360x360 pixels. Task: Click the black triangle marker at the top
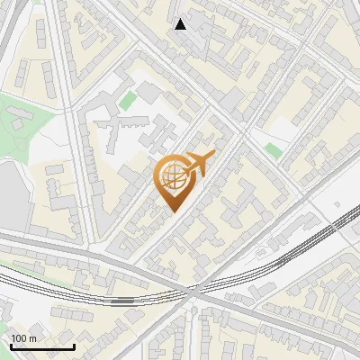pyautogui.click(x=181, y=24)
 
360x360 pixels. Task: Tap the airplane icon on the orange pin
pyautogui.click(x=198, y=164)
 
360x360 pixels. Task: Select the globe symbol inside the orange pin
pyautogui.click(x=173, y=178)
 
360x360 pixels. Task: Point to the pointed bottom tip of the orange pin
pyautogui.click(x=173, y=211)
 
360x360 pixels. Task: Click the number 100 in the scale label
pyautogui.click(x=19, y=338)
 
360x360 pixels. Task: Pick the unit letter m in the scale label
pyautogui.click(x=33, y=338)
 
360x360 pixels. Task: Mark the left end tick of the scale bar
pyautogui.click(x=11, y=345)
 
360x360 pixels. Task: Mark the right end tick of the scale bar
pyautogui.click(x=74, y=345)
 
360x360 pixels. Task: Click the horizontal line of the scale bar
pyautogui.click(x=42, y=346)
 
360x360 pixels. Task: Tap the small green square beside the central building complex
pyautogui.click(x=128, y=99)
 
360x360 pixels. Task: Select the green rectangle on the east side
pyautogui.click(x=273, y=149)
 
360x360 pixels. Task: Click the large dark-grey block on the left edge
pyautogui.click(x=9, y=198)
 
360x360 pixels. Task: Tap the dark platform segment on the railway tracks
pyautogui.click(x=126, y=293)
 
